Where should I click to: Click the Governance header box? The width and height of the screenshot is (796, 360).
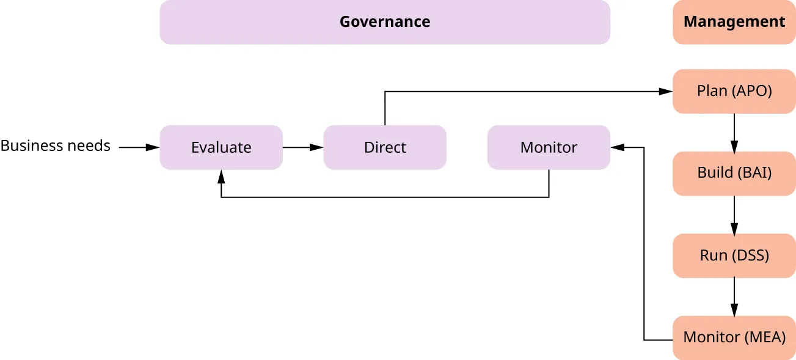coord(385,22)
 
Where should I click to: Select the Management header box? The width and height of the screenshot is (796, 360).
coord(734,22)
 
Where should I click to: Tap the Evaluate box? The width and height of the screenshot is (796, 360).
coord(221,147)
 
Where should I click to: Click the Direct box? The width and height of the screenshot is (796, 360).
coord(385,147)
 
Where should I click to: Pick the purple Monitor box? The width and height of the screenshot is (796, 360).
coord(548,147)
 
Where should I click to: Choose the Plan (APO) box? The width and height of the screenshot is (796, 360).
coord(734,91)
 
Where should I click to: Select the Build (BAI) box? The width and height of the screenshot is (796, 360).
coord(734,173)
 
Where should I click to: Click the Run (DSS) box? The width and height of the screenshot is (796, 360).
coord(734,255)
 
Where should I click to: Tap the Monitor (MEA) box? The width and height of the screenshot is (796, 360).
coord(734,337)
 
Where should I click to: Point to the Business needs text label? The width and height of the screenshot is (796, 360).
coord(55,146)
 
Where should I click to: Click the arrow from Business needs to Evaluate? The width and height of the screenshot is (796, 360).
coord(139,147)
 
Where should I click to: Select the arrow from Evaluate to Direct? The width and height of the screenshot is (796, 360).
coord(303,147)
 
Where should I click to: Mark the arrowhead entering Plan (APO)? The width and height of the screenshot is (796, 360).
coord(666,91)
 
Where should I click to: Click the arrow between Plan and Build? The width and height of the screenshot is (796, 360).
coord(734,133)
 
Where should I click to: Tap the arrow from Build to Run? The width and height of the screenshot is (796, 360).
coord(734,215)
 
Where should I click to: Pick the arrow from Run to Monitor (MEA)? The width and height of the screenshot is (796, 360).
coord(734,296)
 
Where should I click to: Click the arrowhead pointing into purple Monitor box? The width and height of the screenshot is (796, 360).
coord(617,147)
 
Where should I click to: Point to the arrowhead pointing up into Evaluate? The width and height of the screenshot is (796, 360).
coord(221,177)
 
